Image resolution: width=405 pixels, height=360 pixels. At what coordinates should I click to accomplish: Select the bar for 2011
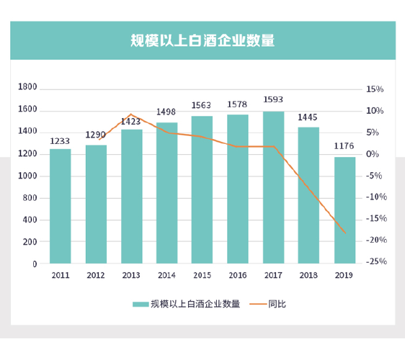tap(61, 206)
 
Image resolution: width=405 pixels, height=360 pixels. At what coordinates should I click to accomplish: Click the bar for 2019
tap(344, 210)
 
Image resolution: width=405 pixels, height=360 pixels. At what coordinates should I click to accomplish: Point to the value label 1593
tap(273, 100)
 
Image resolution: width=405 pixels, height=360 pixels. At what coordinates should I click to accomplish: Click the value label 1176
tap(344, 146)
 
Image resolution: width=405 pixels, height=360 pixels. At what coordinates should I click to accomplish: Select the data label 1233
tap(61, 140)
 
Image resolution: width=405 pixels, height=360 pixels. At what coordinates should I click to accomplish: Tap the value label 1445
tap(308, 117)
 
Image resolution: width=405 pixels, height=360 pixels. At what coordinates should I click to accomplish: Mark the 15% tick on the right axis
tap(375, 89)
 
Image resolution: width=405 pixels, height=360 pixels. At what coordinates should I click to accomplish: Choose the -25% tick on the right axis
tap(375, 262)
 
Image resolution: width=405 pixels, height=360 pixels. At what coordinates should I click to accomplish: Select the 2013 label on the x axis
tap(131, 275)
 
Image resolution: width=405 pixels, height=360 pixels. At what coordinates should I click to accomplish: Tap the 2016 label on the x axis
tap(238, 275)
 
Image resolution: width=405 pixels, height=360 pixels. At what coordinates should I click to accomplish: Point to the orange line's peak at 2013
tap(130, 114)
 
